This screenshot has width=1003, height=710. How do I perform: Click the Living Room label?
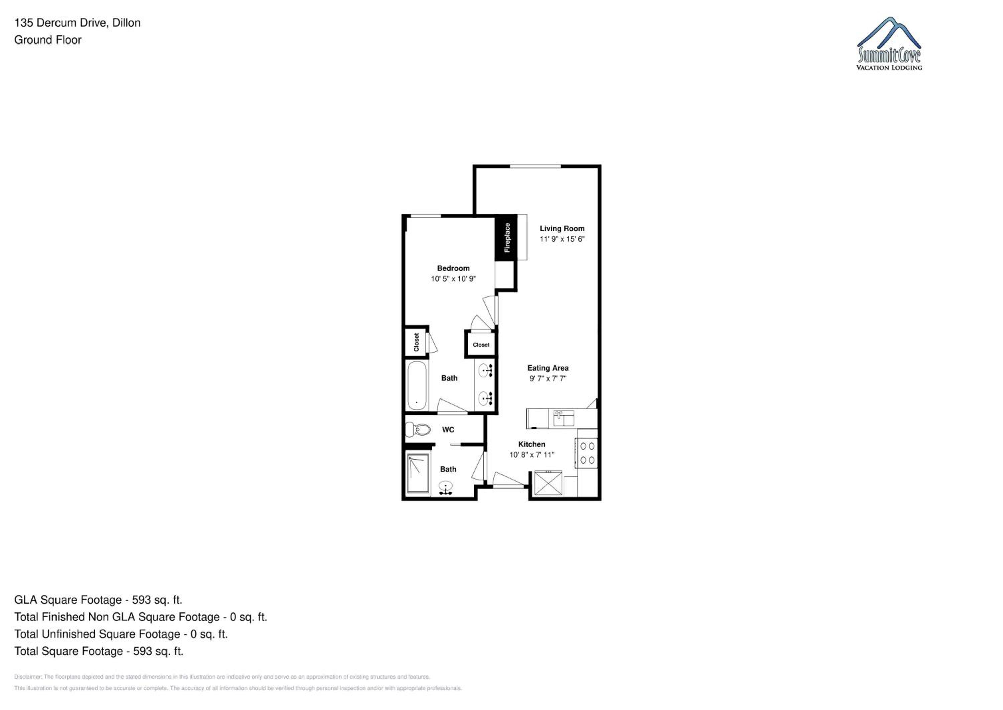[562, 228]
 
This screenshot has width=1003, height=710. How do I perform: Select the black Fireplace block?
[506, 238]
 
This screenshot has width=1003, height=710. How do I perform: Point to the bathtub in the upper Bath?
[417, 385]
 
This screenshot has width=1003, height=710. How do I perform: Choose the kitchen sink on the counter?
[564, 418]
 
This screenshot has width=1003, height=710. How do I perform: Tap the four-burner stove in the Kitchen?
[587, 453]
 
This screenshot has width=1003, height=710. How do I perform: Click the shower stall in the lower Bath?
[418, 474]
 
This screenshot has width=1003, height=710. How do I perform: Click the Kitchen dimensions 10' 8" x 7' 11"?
[532, 455]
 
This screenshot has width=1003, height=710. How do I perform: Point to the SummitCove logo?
[889, 44]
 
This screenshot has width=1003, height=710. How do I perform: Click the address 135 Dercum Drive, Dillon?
[77, 23]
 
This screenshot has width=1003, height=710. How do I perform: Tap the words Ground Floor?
[47, 40]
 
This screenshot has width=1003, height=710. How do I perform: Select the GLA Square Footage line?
[98, 600]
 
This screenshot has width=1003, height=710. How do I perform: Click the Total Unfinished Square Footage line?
[121, 634]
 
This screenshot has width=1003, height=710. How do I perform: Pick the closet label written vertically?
[416, 342]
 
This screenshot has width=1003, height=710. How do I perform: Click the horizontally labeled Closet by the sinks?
[481, 345]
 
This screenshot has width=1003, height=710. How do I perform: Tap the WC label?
[448, 430]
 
